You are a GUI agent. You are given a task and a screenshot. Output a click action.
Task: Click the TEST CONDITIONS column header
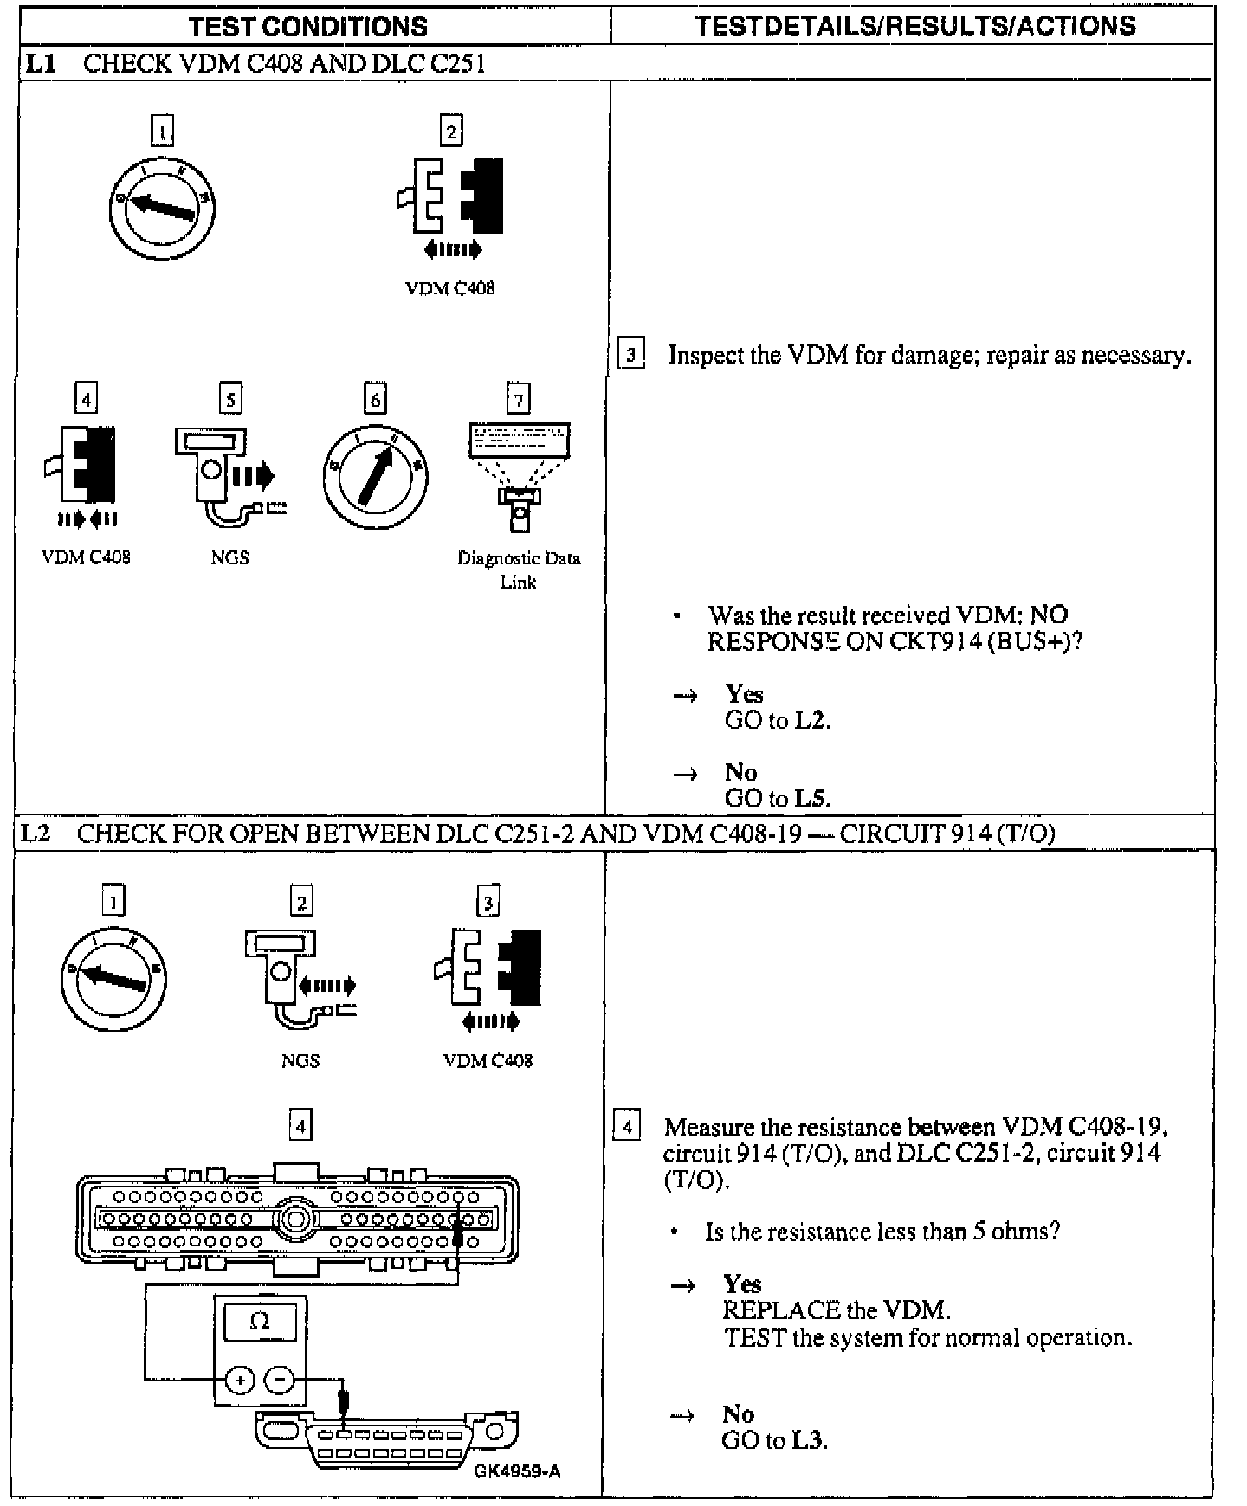(x=307, y=26)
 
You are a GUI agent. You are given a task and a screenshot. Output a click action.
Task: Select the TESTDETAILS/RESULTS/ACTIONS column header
(x=915, y=26)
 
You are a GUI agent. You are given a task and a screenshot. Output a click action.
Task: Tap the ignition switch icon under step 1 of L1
(x=162, y=208)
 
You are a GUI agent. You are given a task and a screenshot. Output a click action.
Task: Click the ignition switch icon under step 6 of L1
(x=376, y=477)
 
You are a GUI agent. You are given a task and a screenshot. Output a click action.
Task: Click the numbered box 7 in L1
(x=519, y=400)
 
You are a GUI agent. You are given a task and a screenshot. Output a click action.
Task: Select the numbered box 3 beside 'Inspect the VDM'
(x=630, y=355)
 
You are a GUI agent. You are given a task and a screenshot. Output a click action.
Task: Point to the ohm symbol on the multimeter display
(x=259, y=1321)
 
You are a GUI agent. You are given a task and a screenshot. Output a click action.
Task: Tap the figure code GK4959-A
(x=517, y=1471)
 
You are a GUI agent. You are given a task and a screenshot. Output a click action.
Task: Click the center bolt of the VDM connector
(x=296, y=1219)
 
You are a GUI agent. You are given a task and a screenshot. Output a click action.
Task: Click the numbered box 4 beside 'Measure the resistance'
(x=627, y=1127)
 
